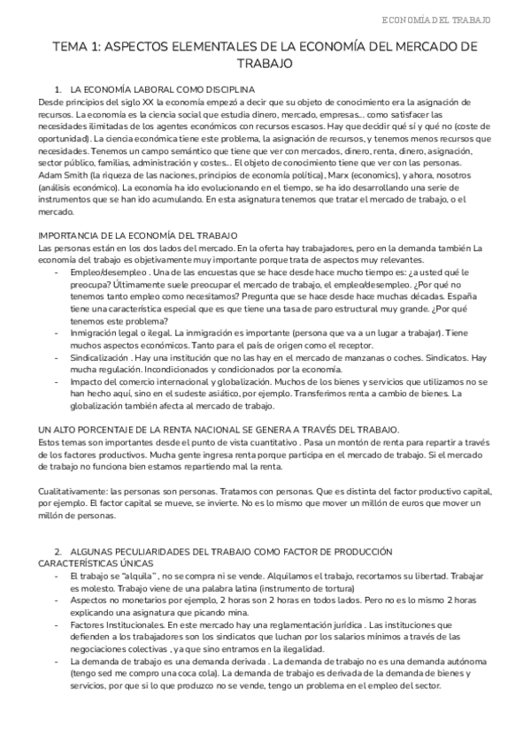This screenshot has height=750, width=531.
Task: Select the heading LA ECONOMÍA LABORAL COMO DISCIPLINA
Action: point(163,90)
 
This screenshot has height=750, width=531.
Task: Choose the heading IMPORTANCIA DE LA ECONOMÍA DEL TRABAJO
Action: point(137,234)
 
